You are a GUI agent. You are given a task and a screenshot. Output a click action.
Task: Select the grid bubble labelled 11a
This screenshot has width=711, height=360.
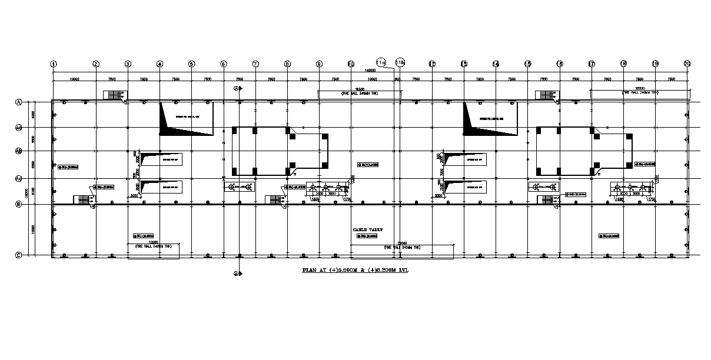(x=380, y=61)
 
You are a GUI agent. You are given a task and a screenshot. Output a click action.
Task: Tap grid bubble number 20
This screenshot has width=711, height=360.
(x=687, y=64)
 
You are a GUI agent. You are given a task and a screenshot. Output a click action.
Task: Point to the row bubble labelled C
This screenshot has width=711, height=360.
(x=19, y=255)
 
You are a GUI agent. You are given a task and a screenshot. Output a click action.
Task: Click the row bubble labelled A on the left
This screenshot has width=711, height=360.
(x=19, y=102)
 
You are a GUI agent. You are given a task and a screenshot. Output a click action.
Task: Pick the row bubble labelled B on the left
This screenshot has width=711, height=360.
(x=19, y=205)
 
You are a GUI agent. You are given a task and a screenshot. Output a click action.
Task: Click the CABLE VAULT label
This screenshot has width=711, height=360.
(x=368, y=229)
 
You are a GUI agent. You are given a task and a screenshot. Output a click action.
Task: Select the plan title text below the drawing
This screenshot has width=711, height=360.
(x=355, y=271)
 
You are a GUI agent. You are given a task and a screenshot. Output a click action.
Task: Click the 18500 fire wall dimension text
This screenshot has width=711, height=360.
(x=360, y=89)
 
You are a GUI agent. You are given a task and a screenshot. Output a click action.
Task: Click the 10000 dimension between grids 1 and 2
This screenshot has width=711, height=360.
(x=75, y=79)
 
